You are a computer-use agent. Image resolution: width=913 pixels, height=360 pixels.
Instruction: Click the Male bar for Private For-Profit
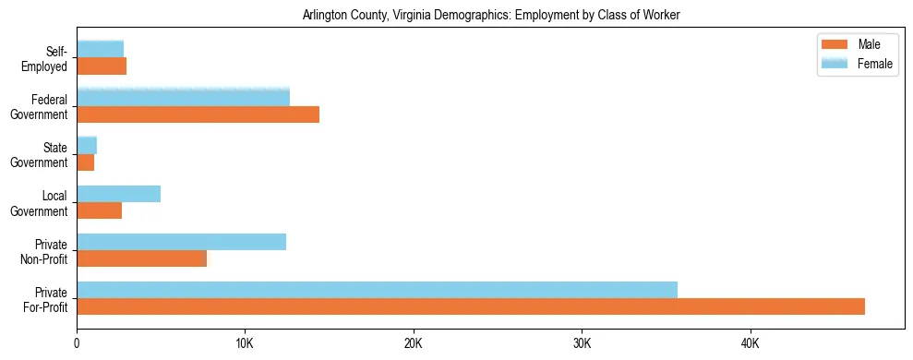(471, 306)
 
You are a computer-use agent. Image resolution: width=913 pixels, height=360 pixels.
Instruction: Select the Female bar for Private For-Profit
(377, 290)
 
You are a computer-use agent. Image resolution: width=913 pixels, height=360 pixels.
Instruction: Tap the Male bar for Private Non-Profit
(142, 258)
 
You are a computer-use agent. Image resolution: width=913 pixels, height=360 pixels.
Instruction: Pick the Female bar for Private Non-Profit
(181, 242)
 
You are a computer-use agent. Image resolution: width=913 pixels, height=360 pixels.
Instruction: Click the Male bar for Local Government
(99, 210)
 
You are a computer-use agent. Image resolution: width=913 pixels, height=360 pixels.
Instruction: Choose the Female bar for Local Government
(118, 194)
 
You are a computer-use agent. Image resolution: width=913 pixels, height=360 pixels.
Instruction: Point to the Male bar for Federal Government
(198, 114)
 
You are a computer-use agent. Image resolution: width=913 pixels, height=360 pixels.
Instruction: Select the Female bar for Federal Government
(183, 98)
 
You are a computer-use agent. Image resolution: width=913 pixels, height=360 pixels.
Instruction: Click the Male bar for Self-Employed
(102, 66)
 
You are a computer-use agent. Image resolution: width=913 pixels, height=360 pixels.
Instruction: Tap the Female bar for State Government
(87, 146)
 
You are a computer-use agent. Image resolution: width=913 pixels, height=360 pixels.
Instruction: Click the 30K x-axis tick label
(582, 344)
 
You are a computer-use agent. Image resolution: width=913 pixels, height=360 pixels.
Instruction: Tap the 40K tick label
(750, 344)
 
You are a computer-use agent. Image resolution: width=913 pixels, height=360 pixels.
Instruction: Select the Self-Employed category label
(47, 59)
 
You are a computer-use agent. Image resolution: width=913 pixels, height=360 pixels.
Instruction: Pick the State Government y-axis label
(41, 155)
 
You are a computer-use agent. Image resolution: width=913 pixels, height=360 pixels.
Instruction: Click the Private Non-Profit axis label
(42, 251)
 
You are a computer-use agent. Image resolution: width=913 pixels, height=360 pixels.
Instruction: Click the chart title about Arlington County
(491, 15)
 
